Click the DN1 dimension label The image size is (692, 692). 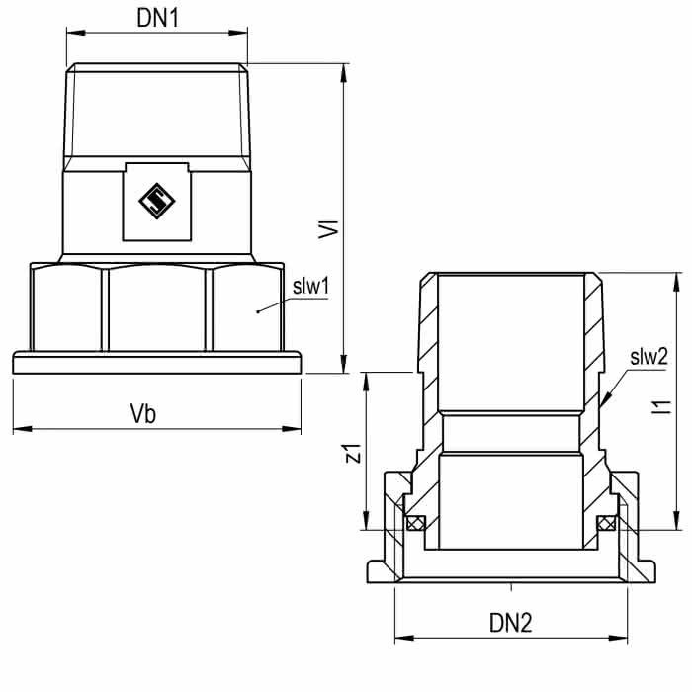coord(157,18)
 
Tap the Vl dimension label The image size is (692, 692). coord(329,229)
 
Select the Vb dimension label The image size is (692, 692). coord(143,413)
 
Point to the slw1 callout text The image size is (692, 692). coord(310,287)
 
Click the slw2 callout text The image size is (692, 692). coord(649,357)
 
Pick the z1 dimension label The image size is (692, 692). coord(353,453)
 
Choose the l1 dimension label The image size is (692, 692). coord(661,407)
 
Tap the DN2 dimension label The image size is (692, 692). coord(511,623)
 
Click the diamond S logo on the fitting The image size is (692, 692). coord(156,202)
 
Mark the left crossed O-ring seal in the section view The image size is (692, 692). coord(415,523)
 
